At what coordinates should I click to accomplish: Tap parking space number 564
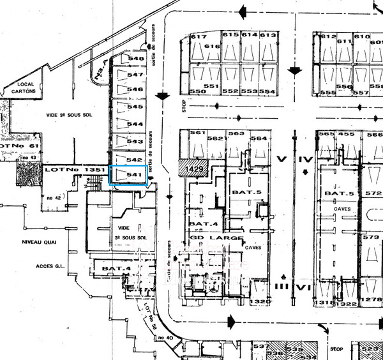259,139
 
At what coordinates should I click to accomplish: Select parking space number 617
198,36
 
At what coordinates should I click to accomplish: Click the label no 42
54,198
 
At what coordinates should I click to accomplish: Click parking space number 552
230,91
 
